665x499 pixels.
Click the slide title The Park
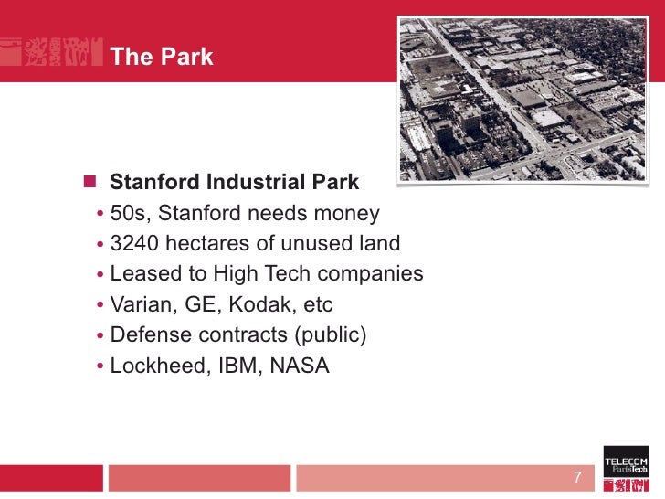coord(161,57)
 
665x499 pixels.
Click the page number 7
coord(576,477)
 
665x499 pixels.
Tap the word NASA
coord(298,366)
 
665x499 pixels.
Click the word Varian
coord(138,304)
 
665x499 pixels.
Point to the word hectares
coord(205,244)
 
